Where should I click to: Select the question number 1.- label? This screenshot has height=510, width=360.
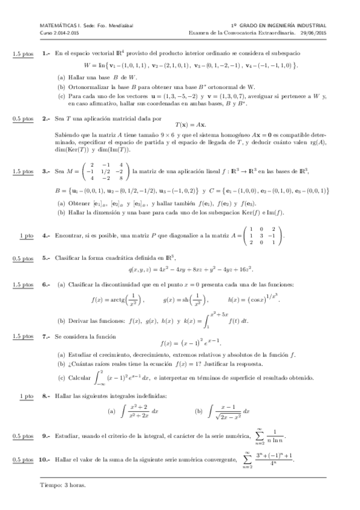[46, 54]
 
